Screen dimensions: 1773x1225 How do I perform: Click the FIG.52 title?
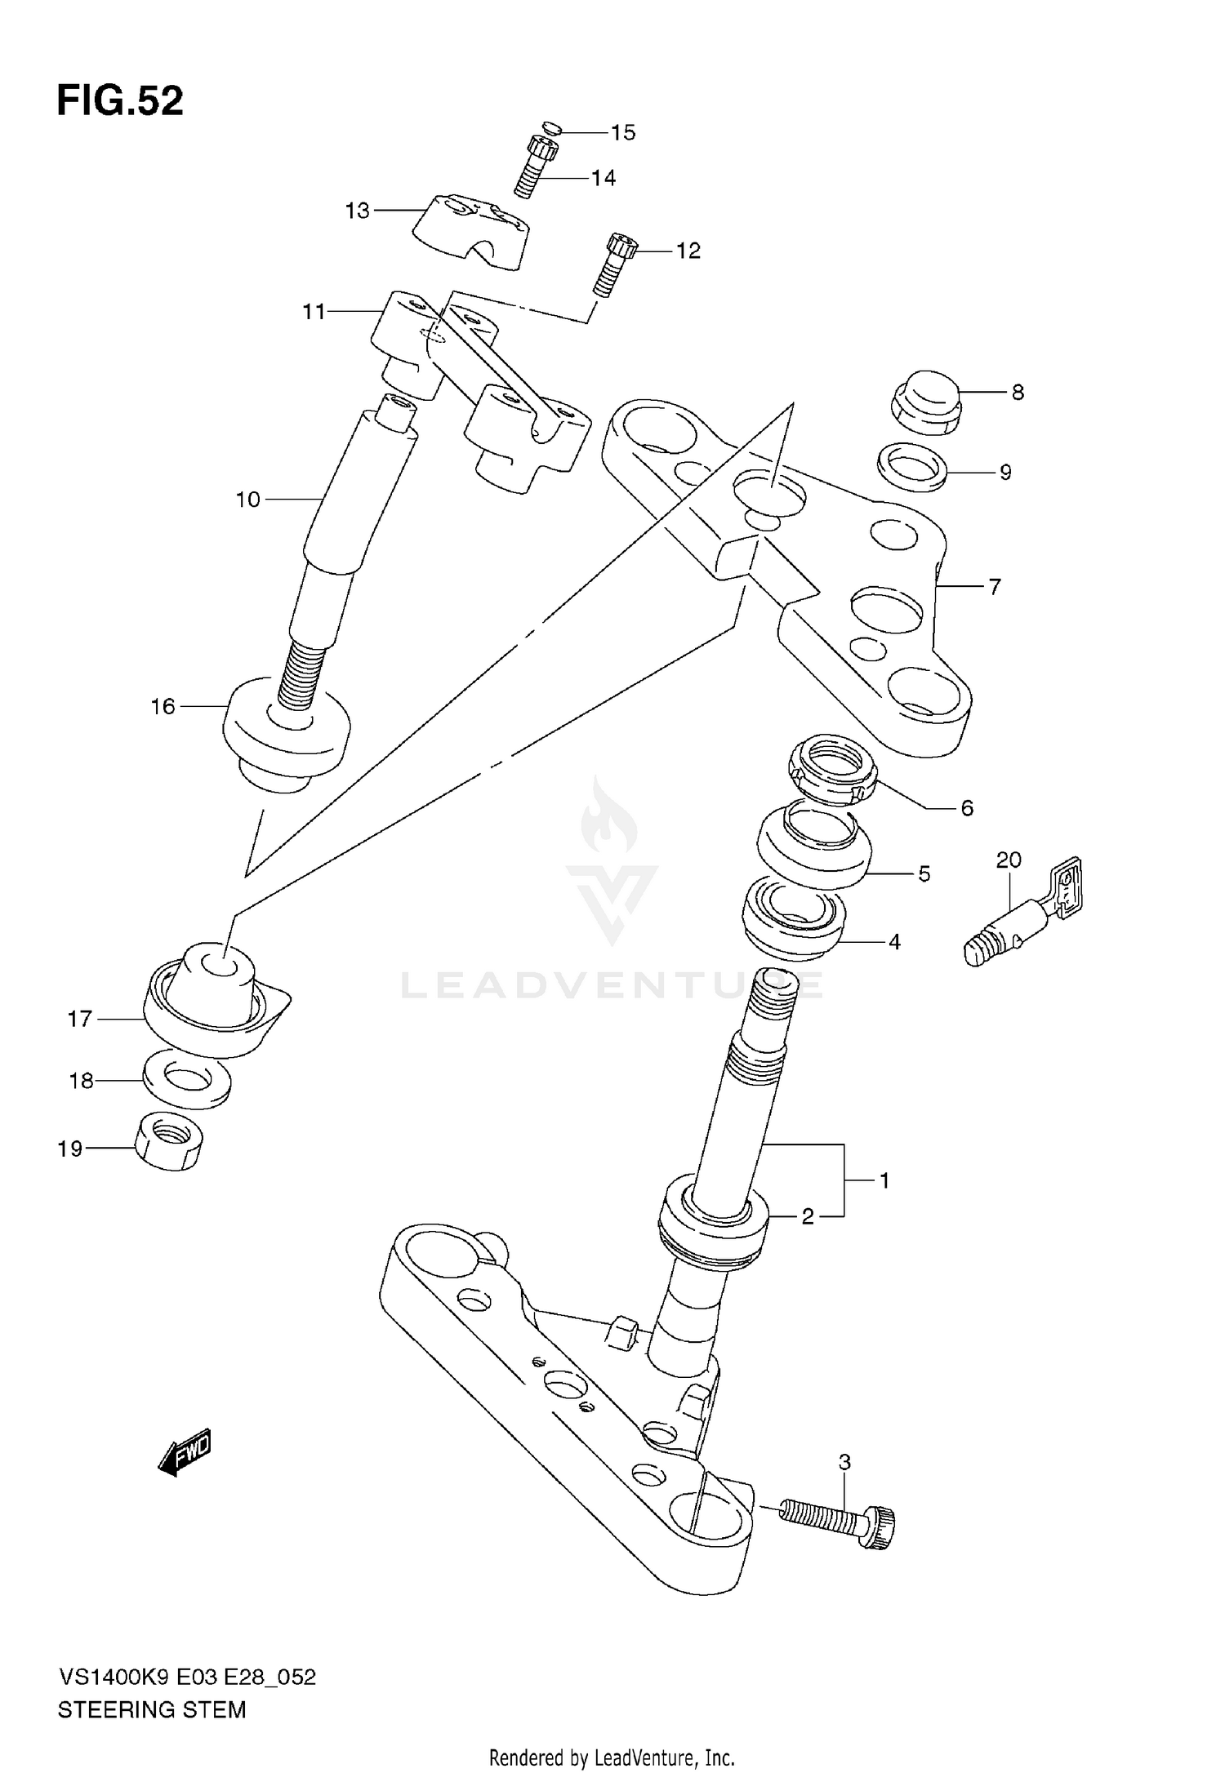120,102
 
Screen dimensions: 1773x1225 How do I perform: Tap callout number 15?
622,133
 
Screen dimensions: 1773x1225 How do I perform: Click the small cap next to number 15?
552,127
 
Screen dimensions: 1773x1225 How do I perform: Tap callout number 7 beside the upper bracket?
994,586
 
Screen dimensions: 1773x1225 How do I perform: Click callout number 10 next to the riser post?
247,500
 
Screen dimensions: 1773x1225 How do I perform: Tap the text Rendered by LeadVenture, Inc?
612,1756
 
